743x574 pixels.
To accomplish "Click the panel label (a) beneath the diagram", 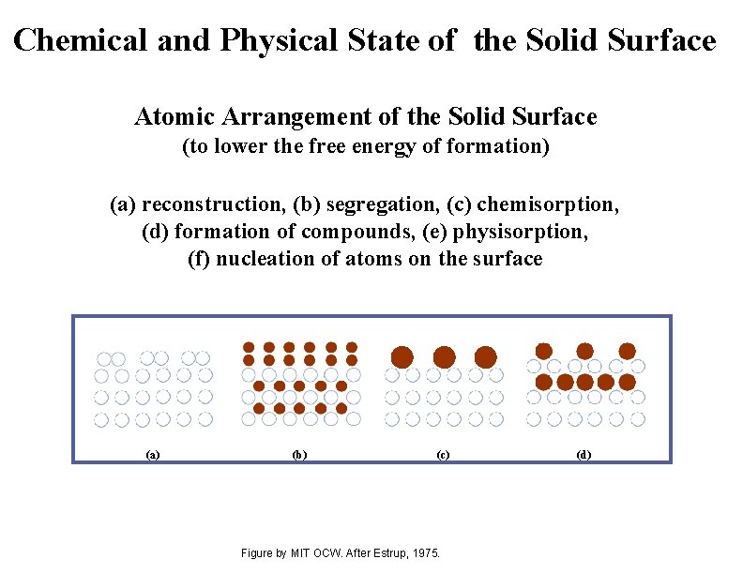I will (153, 455).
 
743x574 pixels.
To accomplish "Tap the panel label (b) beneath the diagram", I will (298, 455).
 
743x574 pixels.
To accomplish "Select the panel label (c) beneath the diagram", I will (443, 455).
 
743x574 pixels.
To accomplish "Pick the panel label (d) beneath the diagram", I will (584, 455).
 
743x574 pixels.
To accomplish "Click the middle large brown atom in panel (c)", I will (445, 356).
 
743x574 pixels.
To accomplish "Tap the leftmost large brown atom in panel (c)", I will (402, 356).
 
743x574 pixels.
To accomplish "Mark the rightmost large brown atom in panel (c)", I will (486, 356).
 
